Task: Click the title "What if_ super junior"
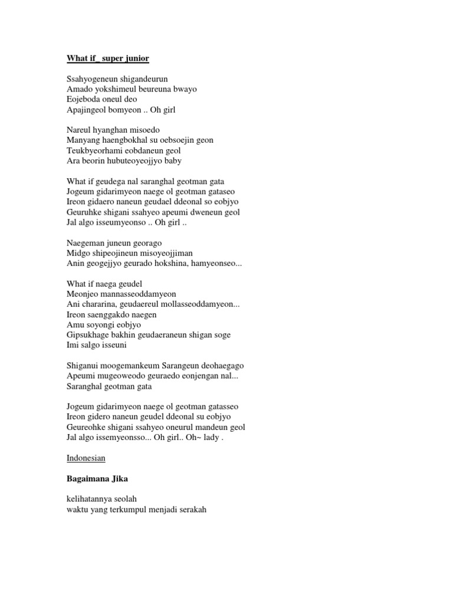108,58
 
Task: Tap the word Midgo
78,253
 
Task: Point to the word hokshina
173,263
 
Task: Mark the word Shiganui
84,365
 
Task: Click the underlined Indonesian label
86,458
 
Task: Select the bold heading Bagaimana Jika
97,478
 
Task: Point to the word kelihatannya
92,498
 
